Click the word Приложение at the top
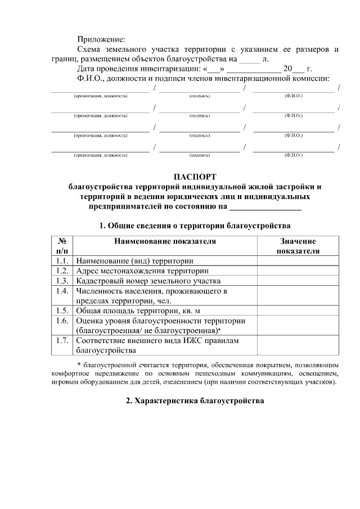coord(101,40)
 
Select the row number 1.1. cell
coord(62,261)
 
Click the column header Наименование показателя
coord(165,241)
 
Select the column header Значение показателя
coord(298,246)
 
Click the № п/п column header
coord(62,246)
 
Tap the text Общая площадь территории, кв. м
coord(138,310)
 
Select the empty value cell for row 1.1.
coord(298,261)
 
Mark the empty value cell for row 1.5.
coord(298,310)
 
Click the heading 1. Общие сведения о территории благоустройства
coord(194,226)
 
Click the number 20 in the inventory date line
coord(288,69)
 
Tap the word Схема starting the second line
coord(89,49)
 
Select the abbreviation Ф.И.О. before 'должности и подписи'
coord(90,78)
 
